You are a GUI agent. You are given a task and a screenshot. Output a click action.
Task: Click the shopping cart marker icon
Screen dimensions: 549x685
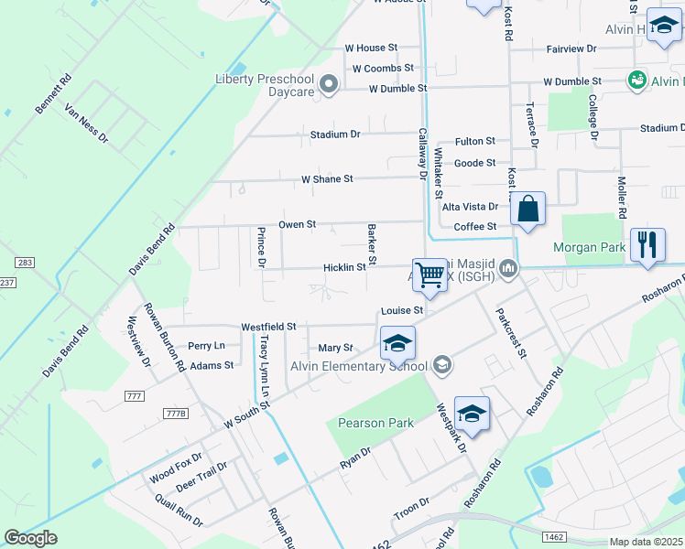(x=429, y=274)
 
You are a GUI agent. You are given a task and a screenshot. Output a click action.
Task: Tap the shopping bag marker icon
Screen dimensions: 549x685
(x=528, y=210)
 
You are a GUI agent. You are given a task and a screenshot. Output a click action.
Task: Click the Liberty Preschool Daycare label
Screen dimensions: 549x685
(x=265, y=84)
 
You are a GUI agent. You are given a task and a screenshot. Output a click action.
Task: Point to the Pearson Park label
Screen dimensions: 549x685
(x=375, y=423)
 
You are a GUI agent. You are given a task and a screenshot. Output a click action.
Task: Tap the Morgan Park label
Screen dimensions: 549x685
(x=589, y=247)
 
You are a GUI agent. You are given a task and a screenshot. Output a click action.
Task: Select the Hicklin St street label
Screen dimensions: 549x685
(x=344, y=267)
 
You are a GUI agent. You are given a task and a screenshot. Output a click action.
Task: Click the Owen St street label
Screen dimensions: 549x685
(x=298, y=223)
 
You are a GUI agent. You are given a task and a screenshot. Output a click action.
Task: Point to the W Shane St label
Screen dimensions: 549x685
(x=327, y=179)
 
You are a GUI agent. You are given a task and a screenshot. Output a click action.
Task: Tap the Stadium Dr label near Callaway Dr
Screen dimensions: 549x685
(x=335, y=135)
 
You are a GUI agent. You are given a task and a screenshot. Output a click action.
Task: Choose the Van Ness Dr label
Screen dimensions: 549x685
(x=86, y=124)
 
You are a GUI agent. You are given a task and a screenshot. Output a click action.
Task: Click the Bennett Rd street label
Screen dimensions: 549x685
(x=52, y=94)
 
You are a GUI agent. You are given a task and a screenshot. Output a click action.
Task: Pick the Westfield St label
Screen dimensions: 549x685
(x=268, y=326)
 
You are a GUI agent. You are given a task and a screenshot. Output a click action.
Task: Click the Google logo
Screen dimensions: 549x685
(x=31, y=537)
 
